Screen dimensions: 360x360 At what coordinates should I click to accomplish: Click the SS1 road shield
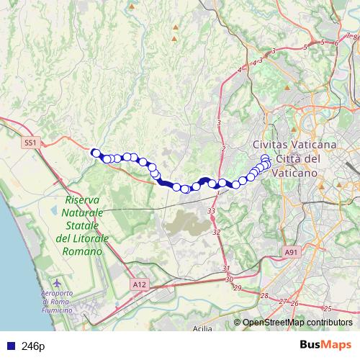point(30,143)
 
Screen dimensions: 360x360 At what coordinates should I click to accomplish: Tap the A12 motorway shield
point(139,286)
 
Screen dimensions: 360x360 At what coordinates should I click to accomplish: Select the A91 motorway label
point(290,252)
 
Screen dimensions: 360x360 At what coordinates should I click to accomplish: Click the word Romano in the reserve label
point(82,252)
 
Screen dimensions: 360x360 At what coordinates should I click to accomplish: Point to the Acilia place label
point(204,329)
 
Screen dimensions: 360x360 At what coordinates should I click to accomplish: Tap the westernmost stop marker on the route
point(94,152)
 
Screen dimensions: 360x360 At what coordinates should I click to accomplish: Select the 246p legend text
point(33,346)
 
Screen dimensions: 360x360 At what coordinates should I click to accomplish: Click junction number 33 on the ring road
point(211,210)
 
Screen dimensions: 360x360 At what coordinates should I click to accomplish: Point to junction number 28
point(264,297)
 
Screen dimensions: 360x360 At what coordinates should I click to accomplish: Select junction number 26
point(294,303)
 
